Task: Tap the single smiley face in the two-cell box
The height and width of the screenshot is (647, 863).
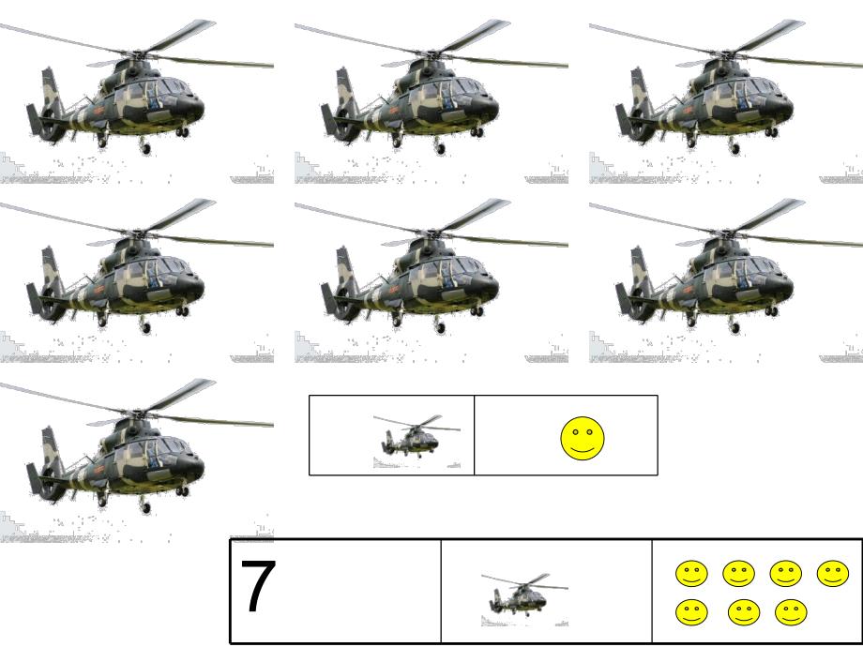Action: tap(583, 439)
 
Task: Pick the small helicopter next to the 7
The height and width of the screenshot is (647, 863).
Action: tap(524, 600)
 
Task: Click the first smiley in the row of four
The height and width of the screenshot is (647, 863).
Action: tap(692, 574)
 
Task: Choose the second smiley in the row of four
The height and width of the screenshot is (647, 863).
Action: tap(738, 574)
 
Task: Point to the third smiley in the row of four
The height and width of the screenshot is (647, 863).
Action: tap(786, 574)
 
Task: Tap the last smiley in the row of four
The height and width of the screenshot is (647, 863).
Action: tap(833, 574)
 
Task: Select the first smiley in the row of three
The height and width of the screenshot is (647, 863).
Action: tap(692, 612)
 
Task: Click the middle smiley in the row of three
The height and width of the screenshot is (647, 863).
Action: tap(744, 612)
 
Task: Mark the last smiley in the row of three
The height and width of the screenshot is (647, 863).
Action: tap(791, 612)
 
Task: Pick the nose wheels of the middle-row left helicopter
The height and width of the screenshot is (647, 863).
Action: tap(182, 311)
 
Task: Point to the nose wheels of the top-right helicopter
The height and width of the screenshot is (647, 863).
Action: tap(771, 132)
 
